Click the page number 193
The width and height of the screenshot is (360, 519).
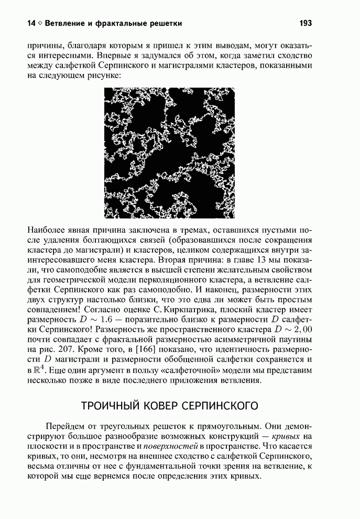306,23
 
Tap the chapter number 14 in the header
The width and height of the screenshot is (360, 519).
32,23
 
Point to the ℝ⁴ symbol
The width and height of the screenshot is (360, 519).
40,370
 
